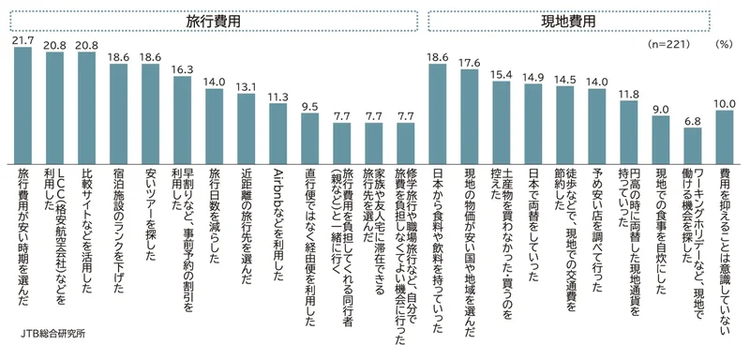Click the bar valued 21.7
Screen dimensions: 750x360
click(x=22, y=105)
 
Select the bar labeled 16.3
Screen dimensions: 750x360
click(x=182, y=120)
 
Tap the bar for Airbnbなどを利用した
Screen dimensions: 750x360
click(x=277, y=133)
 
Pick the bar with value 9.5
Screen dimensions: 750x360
click(x=310, y=138)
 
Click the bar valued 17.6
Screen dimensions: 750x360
click(x=470, y=116)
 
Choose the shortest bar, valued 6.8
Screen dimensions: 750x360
click(x=693, y=145)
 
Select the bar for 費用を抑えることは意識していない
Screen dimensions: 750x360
click(x=725, y=137)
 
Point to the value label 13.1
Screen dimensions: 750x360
click(x=247, y=87)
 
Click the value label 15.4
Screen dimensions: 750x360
click(x=502, y=75)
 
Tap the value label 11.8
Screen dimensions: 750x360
click(x=629, y=94)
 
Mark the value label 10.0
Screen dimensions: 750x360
click(x=725, y=104)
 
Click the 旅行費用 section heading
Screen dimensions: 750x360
click(x=214, y=21)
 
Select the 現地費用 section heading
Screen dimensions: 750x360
click(x=568, y=21)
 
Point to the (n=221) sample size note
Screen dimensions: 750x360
click(x=668, y=44)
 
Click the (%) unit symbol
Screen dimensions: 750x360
click(x=724, y=44)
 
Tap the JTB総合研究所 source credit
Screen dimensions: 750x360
click(x=52, y=333)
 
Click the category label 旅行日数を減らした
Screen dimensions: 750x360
click(x=215, y=215)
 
